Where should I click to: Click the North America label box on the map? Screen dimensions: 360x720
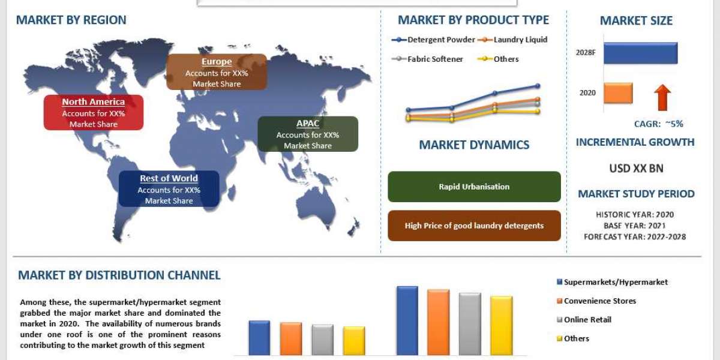coord(94,112)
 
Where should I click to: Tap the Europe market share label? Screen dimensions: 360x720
coord(217,72)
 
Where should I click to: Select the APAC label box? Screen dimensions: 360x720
coord(308,134)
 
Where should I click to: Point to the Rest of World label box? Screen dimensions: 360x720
coord(169,189)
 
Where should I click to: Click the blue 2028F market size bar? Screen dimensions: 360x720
coord(640,53)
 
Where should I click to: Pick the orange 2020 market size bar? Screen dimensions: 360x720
coord(618,93)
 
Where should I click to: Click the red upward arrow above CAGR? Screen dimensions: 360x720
coord(662,97)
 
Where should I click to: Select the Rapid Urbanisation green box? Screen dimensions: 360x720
coord(474,187)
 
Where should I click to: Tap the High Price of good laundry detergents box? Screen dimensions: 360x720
coord(474,226)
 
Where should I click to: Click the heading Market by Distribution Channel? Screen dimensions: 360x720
coord(119,275)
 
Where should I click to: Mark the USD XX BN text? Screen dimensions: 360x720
coord(636,169)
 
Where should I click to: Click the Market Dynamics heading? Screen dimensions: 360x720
coord(474,145)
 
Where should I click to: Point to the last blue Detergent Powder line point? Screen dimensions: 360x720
coord(538,86)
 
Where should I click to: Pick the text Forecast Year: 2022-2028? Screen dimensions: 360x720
coord(635,236)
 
